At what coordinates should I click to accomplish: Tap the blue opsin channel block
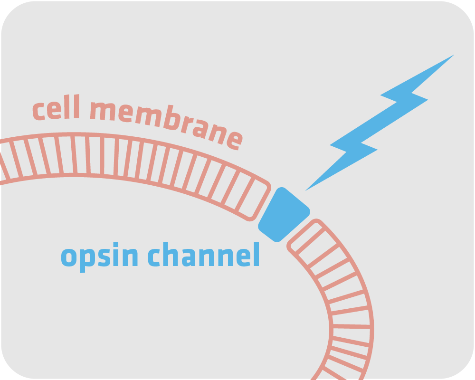coord(284,215)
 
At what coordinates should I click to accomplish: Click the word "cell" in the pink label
coord(57,107)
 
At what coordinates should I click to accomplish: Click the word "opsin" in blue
coord(100,257)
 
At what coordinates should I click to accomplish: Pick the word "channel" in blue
coord(204,254)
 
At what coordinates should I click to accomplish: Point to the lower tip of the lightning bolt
coord(305,191)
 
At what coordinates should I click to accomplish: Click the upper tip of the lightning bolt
coord(454,55)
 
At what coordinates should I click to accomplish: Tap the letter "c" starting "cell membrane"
coord(39,112)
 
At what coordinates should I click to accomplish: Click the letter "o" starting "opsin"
coord(69,257)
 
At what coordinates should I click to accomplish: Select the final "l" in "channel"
coord(256,254)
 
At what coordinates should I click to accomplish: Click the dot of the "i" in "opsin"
coord(116,244)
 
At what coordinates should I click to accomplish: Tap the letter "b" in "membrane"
coord(172,118)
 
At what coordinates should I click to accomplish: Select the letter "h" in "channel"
coord(171,254)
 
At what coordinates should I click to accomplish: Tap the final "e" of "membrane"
coord(236,141)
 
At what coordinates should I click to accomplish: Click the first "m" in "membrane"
coord(103,111)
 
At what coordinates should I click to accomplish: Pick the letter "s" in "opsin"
coord(104,257)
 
